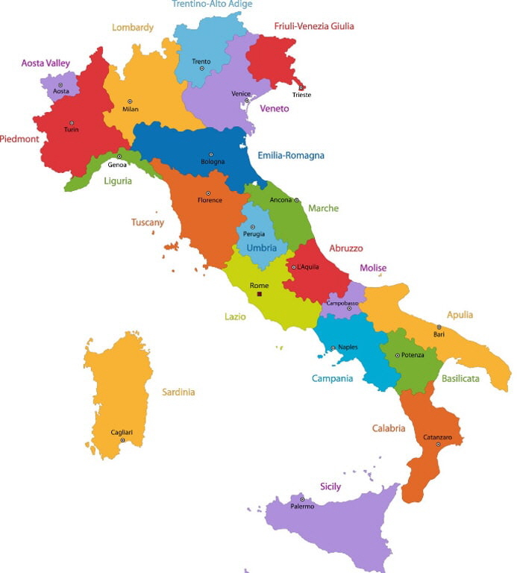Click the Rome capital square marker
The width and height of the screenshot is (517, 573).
click(259, 295)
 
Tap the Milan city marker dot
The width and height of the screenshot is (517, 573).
click(130, 101)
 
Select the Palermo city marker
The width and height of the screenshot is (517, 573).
click(301, 499)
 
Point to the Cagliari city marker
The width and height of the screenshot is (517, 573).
click(122, 440)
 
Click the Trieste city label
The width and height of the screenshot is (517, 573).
click(301, 95)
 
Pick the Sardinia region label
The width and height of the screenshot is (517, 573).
click(178, 392)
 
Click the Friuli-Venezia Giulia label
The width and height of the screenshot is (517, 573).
click(313, 26)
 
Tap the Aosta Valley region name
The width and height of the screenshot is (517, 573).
click(46, 63)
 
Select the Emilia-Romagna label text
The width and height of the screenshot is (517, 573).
click(291, 155)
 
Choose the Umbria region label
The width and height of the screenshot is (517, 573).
click(262, 248)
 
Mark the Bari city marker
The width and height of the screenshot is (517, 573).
click(439, 327)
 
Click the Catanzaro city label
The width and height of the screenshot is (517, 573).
click(438, 436)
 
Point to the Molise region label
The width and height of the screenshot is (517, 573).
click(373, 268)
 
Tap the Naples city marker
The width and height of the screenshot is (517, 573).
click(333, 348)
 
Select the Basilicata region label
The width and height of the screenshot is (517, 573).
click(460, 378)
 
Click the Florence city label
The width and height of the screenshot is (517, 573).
click(210, 200)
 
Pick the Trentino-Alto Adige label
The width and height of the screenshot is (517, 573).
click(212, 4)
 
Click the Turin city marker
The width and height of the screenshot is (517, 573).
click(72, 122)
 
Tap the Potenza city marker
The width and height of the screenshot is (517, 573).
click(397, 355)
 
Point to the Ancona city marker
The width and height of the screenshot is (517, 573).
click(296, 200)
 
